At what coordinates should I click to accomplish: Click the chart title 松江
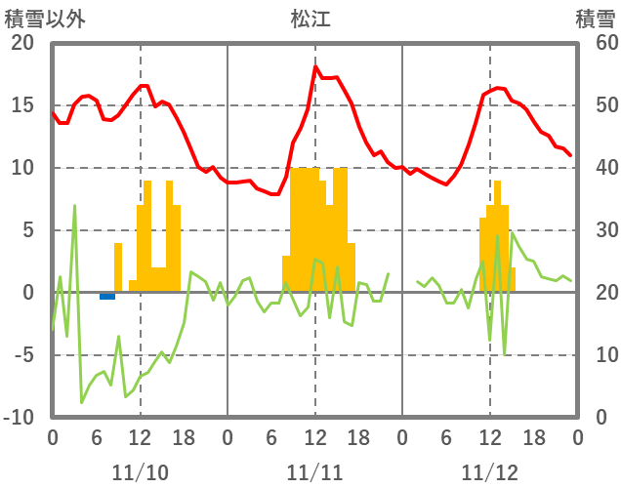pyautogui.click(x=310, y=19)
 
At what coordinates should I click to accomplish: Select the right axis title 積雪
pyautogui.click(x=594, y=19)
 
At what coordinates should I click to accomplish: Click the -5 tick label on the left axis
pyautogui.click(x=21, y=355)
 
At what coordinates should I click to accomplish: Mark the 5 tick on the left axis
pyautogui.click(x=27, y=230)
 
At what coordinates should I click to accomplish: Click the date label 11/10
pyautogui.click(x=140, y=472)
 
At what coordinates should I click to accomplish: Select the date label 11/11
pyautogui.click(x=314, y=472)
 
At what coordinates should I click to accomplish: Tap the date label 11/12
pyautogui.click(x=490, y=472)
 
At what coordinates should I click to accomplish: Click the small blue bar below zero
pyautogui.click(x=107, y=296)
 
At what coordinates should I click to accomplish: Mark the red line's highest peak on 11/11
pyautogui.click(x=315, y=67)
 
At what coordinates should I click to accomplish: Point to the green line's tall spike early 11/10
pyautogui.click(x=74, y=207)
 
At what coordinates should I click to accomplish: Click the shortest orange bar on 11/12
pyautogui.click(x=513, y=280)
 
